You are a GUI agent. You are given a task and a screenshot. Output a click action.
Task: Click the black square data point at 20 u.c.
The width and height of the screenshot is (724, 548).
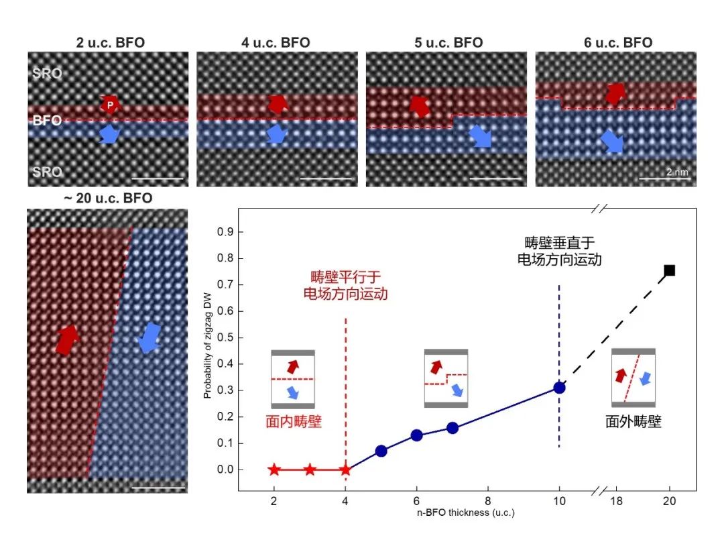click(669, 270)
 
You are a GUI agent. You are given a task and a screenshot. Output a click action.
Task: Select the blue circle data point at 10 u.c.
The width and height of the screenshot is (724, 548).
click(560, 388)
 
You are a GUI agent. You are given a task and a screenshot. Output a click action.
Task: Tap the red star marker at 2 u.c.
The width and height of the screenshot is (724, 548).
click(274, 470)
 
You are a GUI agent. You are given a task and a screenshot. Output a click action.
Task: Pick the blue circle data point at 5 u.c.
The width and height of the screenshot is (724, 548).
click(381, 451)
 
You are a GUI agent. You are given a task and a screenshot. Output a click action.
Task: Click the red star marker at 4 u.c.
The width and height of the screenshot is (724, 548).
click(345, 470)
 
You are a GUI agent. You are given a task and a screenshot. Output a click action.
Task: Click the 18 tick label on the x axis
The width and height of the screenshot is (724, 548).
click(615, 501)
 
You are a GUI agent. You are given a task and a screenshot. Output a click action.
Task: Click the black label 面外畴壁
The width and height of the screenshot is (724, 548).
click(633, 422)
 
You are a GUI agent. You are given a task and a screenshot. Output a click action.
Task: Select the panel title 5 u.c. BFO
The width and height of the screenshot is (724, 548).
click(448, 43)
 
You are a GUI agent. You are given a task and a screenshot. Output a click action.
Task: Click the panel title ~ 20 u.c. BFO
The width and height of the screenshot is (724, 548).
click(108, 198)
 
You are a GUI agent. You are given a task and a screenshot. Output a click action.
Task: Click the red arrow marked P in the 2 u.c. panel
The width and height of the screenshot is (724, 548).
click(109, 105)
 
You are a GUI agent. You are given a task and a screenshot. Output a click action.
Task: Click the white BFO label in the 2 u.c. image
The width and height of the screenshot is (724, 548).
click(47, 121)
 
